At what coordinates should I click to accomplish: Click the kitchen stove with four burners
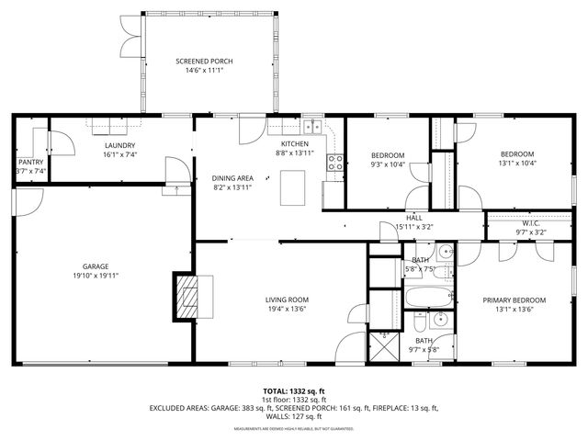tap(336, 164)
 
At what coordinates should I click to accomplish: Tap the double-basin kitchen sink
tap(314, 128)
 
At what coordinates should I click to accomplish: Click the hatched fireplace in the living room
tap(188, 296)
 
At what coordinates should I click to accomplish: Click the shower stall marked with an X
tap(381, 348)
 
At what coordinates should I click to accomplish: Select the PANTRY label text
tap(30, 162)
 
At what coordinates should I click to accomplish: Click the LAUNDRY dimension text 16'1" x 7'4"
tap(120, 156)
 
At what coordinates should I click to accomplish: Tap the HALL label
tap(414, 217)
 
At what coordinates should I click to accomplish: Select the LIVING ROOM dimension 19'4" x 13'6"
tap(287, 310)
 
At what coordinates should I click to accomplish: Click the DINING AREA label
tap(232, 177)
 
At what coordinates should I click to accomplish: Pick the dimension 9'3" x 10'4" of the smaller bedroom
tap(388, 164)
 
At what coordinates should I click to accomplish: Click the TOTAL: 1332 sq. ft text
tap(294, 390)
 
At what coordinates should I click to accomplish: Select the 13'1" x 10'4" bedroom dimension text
tap(518, 164)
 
